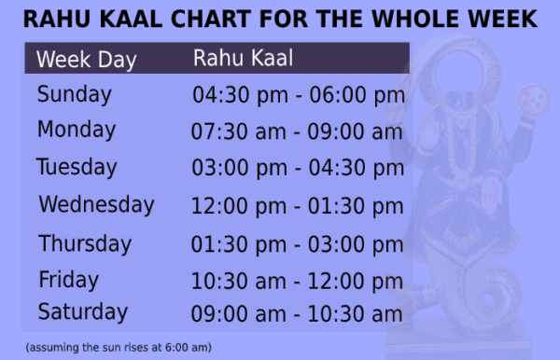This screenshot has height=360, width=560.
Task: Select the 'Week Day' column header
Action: click(86, 61)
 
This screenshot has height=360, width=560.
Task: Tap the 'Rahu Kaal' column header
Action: click(243, 59)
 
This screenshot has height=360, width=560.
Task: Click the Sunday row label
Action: click(74, 94)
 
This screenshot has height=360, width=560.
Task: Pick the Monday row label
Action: click(77, 131)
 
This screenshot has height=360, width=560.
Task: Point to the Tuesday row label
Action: click(77, 168)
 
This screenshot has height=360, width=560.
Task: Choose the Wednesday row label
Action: click(96, 204)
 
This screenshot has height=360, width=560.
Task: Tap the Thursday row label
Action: click(85, 243)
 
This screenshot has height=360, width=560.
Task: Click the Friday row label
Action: click(68, 279)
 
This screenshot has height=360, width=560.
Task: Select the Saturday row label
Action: click(82, 311)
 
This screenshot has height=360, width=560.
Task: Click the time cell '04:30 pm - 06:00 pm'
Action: click(298, 95)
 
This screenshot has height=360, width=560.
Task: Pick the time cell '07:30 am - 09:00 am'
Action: click(297, 132)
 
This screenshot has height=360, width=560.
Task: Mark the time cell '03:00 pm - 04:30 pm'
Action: click(298, 169)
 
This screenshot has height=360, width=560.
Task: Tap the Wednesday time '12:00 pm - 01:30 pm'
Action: click(298, 206)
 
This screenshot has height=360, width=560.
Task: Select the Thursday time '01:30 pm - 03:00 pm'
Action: click(298, 244)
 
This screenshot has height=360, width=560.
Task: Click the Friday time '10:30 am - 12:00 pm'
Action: click(298, 280)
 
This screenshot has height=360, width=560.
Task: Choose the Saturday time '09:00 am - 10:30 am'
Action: click(297, 313)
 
